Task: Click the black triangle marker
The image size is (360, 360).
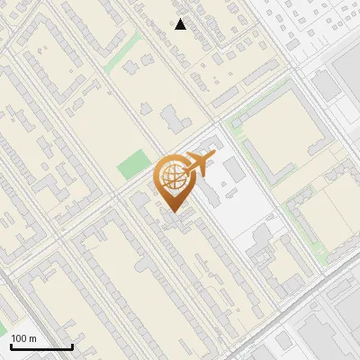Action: tap(181, 24)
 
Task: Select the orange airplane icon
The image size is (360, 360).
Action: tap(198, 165)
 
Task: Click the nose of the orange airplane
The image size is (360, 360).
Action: tap(212, 156)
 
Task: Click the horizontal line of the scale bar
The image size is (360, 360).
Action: tap(41, 346)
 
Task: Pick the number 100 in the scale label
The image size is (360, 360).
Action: tap(20, 338)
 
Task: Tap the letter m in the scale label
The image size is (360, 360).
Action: tap(32, 338)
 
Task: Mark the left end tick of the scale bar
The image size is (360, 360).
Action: tap(11, 345)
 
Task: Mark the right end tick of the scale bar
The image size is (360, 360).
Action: tap(72, 345)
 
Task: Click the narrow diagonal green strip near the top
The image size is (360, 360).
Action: tap(122, 54)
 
